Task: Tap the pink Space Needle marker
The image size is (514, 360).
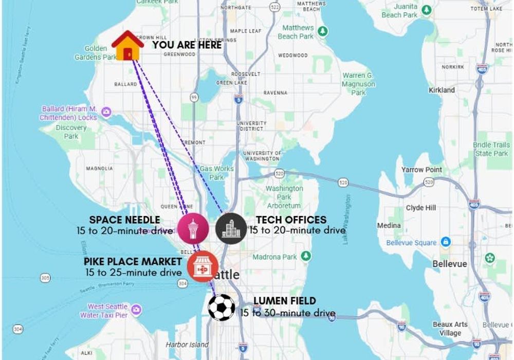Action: [x=193, y=228]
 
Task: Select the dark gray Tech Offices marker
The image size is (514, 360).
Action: [x=231, y=228]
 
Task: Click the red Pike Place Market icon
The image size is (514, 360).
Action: [x=203, y=267]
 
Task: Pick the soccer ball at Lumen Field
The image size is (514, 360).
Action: [x=222, y=307]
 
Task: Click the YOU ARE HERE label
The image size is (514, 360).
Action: [x=187, y=45]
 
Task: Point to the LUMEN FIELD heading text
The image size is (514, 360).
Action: [x=285, y=301]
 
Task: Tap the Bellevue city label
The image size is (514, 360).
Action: [x=450, y=264]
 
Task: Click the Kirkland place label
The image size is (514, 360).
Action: [x=442, y=90]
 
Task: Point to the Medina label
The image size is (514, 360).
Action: [x=389, y=225]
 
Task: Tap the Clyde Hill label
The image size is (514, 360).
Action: [x=421, y=208]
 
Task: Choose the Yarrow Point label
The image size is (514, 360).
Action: [x=421, y=170]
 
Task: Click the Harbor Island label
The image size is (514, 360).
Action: [x=187, y=345]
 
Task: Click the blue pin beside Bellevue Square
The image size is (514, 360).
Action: [x=446, y=242]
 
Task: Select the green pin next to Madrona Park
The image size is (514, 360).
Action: [x=306, y=256]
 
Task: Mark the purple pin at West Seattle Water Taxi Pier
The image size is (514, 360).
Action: [x=136, y=310]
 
